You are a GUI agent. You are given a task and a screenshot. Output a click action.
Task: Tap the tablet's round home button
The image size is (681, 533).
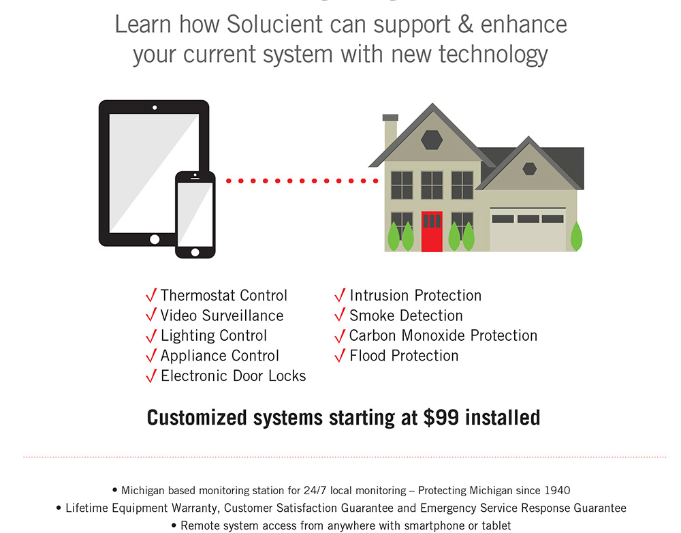(155, 239)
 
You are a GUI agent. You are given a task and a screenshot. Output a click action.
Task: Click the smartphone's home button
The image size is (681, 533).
(195, 252)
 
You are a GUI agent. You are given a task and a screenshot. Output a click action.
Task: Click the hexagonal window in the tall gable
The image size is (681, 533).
(432, 139)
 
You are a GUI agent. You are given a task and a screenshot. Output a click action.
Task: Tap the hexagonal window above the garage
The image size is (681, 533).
(529, 168)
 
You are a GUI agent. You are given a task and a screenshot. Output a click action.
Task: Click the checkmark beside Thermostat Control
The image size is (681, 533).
(151, 296)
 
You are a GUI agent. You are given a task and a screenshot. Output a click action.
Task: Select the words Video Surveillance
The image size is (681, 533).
(222, 316)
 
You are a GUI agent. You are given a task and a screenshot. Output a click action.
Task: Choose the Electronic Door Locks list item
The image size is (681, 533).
(233, 376)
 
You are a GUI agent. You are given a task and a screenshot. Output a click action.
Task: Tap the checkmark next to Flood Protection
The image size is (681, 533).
(340, 356)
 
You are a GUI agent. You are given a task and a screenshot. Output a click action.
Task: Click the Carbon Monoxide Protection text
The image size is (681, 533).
(443, 335)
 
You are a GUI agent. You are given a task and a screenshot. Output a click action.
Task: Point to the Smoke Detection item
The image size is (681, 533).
(406, 316)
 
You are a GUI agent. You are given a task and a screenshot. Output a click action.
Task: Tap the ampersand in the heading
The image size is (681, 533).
(464, 25)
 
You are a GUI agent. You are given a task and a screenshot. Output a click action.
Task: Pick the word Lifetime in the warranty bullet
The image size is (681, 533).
(89, 508)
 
